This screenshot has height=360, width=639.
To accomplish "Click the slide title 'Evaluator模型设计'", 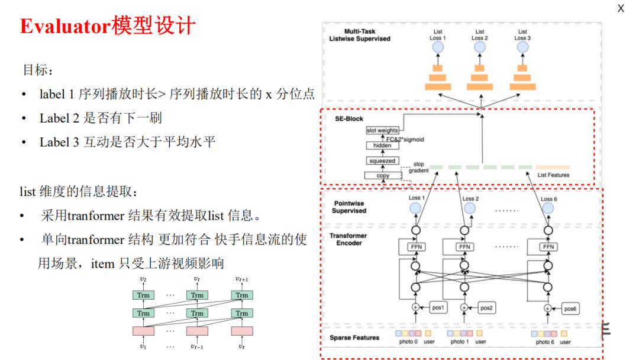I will [108, 27].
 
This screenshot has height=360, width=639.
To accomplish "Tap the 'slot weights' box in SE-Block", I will [382, 130].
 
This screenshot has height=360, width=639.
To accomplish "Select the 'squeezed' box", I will [382, 160].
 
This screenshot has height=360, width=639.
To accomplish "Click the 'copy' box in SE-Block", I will [382, 175].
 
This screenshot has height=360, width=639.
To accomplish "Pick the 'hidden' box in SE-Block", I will [382, 145].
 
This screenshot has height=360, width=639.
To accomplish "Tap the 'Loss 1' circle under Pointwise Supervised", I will [415, 208].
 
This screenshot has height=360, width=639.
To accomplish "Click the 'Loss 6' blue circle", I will [548, 208].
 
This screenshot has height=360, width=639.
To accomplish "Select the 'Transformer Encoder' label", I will [348, 239].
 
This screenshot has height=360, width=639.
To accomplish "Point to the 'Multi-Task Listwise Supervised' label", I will [360, 35].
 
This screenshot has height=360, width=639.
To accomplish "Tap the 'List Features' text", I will [553, 175].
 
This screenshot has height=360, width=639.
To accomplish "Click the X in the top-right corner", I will [621, 8].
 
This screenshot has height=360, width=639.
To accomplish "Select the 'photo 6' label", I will [545, 342].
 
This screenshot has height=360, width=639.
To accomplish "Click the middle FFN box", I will [465, 247].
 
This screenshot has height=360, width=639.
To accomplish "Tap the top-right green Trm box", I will [242, 295].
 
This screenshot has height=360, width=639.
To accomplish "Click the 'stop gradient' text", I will [418, 167].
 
